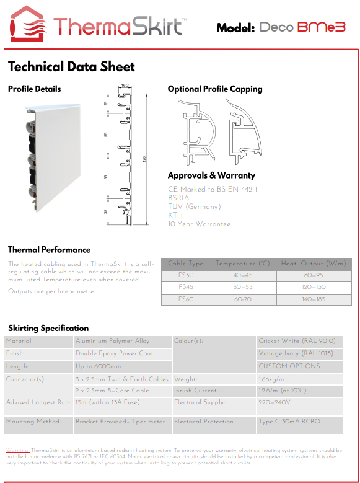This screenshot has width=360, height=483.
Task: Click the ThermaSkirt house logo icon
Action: [x=27, y=24]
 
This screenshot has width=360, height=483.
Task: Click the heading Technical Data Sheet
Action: [x=71, y=67]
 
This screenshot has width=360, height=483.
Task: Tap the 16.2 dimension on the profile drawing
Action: [x=125, y=86]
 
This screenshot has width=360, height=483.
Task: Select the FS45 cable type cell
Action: [x=186, y=287]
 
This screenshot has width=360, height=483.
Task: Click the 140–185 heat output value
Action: [x=313, y=299]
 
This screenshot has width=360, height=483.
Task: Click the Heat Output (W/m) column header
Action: [x=313, y=264]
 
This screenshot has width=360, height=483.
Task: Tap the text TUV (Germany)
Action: [x=194, y=206]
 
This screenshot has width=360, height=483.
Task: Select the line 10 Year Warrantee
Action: [x=199, y=224]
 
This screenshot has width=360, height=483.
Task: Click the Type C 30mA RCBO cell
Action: [x=289, y=422]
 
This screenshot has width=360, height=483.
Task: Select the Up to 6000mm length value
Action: [x=99, y=366]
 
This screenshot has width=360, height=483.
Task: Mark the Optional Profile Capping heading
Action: [x=215, y=89]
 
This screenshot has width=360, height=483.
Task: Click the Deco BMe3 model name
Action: [x=302, y=28]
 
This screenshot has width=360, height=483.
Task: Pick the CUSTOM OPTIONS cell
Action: [x=289, y=366]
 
